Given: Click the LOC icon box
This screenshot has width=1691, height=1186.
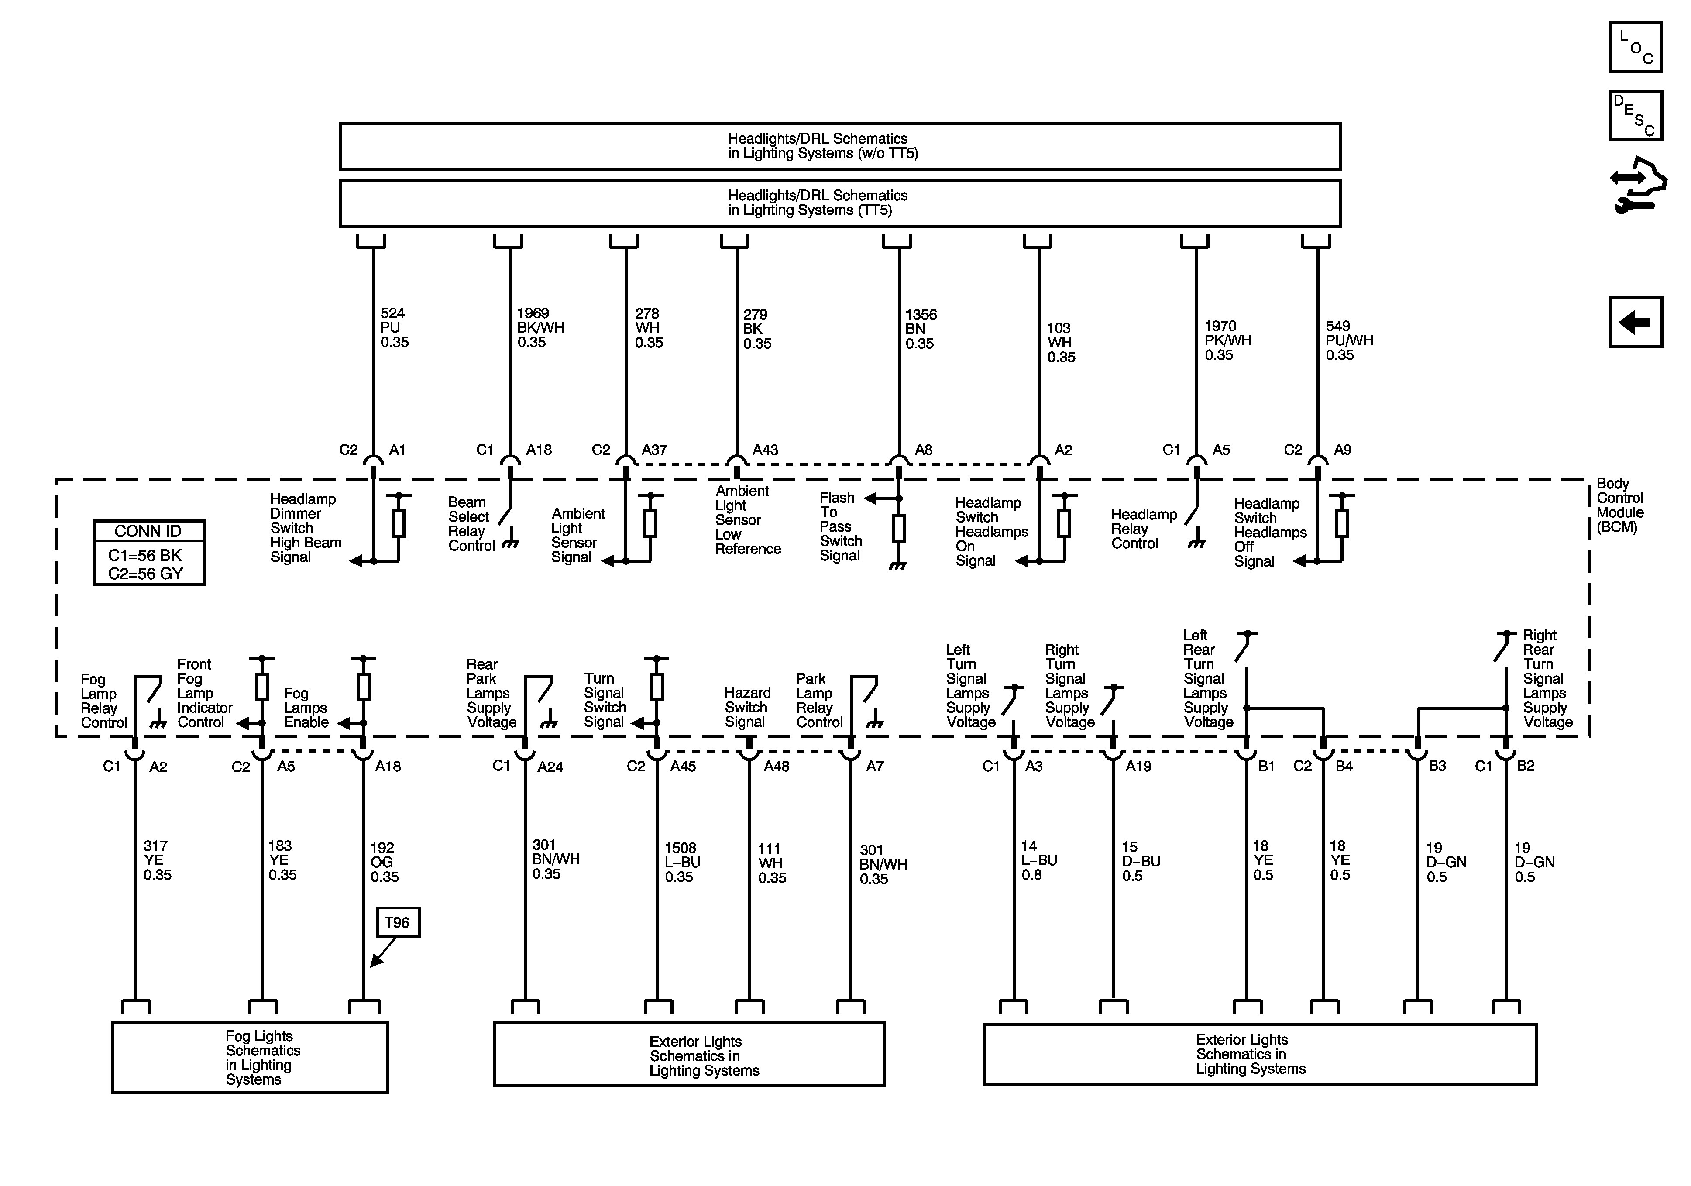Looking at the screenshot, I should tap(1635, 47).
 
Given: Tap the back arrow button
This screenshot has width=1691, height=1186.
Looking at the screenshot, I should tap(1635, 322).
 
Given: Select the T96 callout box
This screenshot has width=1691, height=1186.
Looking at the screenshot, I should tap(398, 922).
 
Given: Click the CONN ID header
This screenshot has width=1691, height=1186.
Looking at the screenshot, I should tap(149, 531).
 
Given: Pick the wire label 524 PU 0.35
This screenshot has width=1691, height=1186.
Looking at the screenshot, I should tap(394, 328).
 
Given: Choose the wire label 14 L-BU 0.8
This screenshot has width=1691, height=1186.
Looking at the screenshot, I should tap(1038, 860).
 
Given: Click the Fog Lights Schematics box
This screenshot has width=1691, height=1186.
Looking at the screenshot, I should tap(251, 1057).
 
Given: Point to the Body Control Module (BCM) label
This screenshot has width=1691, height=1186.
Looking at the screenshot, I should tap(1619, 505).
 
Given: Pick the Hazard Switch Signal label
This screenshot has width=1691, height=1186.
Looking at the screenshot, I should tap(747, 707).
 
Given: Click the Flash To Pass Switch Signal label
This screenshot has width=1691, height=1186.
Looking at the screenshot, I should tap(840, 527).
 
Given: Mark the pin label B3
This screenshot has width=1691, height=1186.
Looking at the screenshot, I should tap(1437, 766).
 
